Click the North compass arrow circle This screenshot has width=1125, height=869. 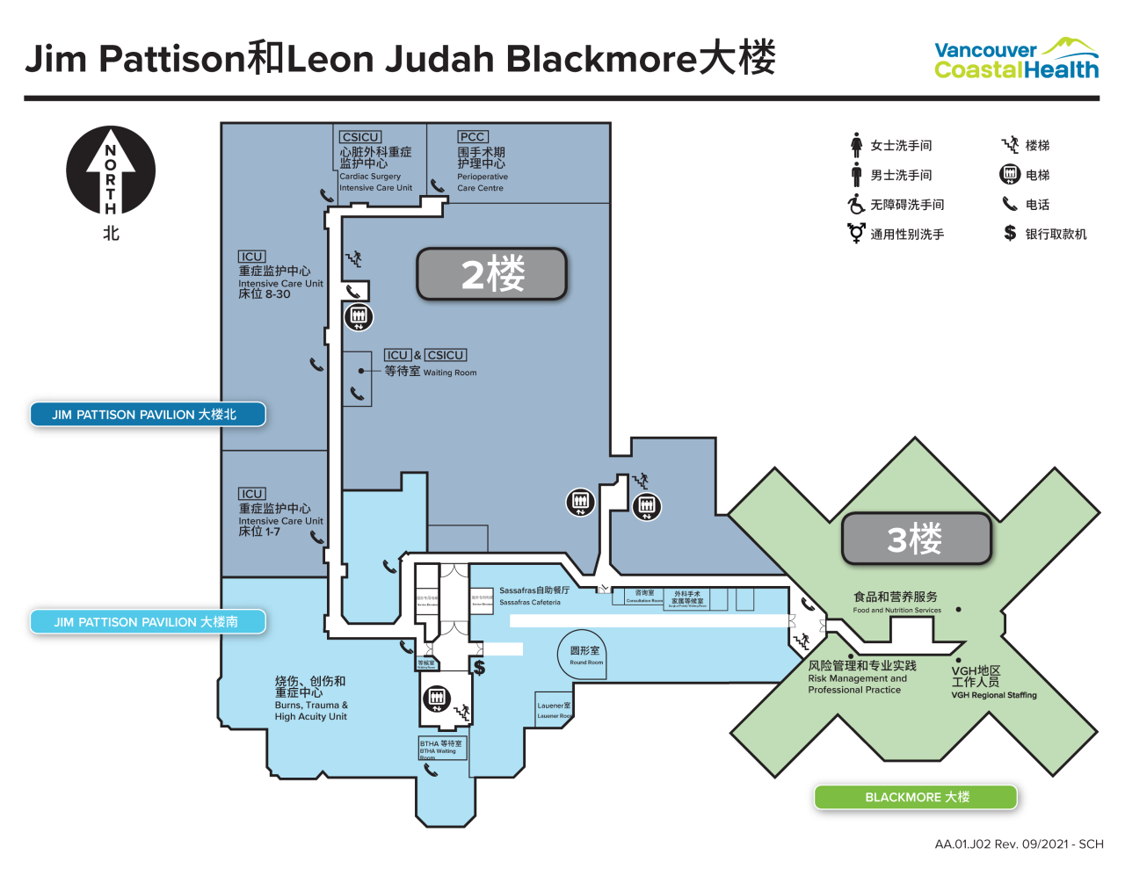(x=111, y=171)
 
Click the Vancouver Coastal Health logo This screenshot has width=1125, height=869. (x=1016, y=60)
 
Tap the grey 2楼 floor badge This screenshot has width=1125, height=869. (x=492, y=274)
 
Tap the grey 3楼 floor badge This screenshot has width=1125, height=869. (x=916, y=539)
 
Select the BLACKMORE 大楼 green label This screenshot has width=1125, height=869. (x=916, y=797)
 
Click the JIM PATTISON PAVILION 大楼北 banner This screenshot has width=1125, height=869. (x=147, y=415)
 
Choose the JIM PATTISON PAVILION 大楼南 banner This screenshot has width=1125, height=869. (x=147, y=622)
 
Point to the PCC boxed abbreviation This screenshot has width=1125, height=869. (x=473, y=137)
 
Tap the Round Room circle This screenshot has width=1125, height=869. (x=585, y=655)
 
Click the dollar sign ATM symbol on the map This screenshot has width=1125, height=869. (x=479, y=667)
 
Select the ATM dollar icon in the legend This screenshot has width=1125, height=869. (x=1010, y=234)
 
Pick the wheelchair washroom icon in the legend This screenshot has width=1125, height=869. (x=856, y=205)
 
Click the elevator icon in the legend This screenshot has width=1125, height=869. (x=1010, y=175)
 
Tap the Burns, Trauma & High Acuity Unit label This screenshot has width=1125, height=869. (x=310, y=699)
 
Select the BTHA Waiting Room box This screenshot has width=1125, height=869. (x=442, y=748)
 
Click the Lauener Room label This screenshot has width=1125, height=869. (x=554, y=710)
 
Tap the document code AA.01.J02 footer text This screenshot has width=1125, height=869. (x=1018, y=844)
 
